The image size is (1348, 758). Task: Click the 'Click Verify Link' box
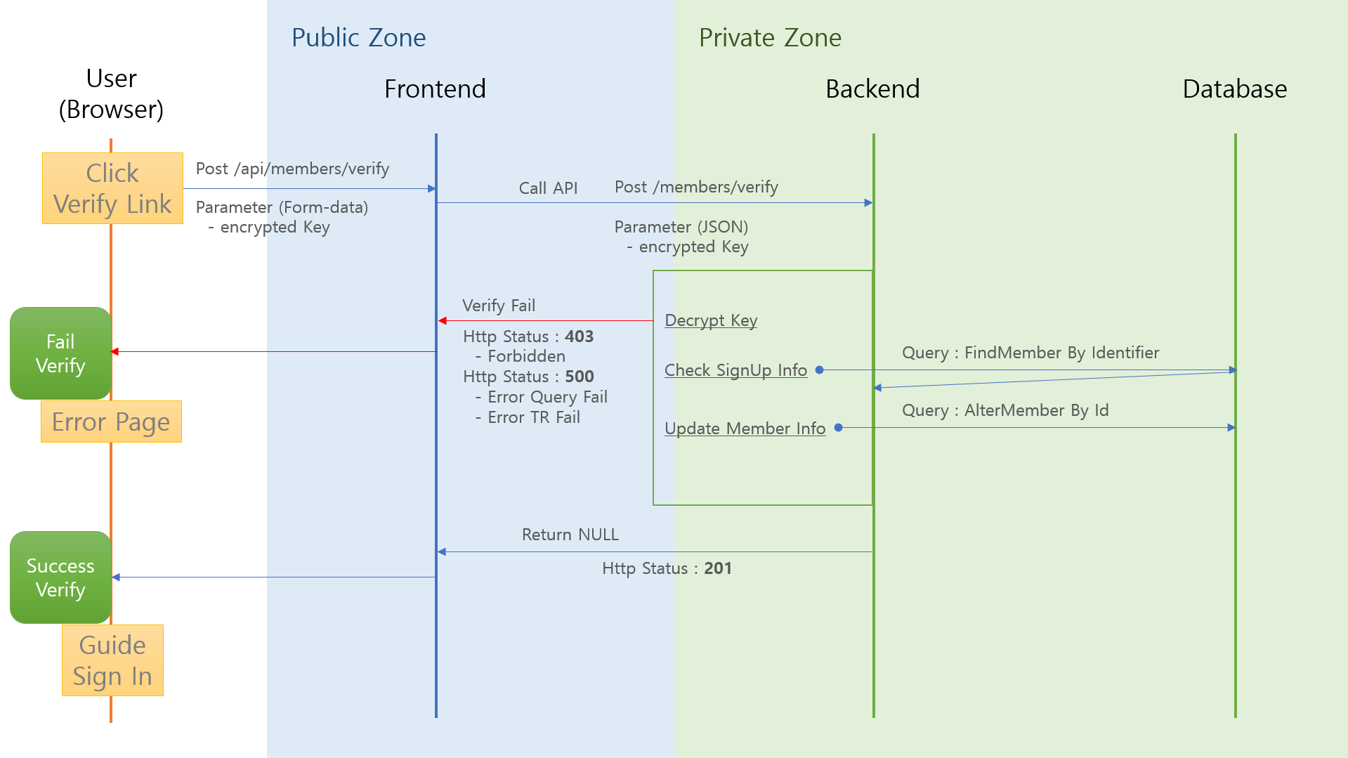112,188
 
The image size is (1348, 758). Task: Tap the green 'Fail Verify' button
60,353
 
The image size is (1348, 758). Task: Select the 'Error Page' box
111,422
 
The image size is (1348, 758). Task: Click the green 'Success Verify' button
60,577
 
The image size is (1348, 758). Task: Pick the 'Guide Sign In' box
112,660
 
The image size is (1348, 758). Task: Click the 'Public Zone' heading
358,38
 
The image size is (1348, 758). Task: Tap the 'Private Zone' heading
770,38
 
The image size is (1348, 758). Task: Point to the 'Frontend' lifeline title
435,89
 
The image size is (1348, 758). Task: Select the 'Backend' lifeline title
872,89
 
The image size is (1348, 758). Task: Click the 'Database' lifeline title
1234,89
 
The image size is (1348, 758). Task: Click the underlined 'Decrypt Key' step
711,320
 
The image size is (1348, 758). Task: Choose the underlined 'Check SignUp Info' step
735,370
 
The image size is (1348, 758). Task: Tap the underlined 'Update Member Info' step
745,429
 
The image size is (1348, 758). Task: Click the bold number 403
580,336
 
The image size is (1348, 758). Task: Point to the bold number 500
580,377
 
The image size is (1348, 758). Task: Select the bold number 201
718,568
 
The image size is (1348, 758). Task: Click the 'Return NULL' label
570,535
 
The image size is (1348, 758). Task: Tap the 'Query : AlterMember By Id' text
1005,410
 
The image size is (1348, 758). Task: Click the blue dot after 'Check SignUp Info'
819,370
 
